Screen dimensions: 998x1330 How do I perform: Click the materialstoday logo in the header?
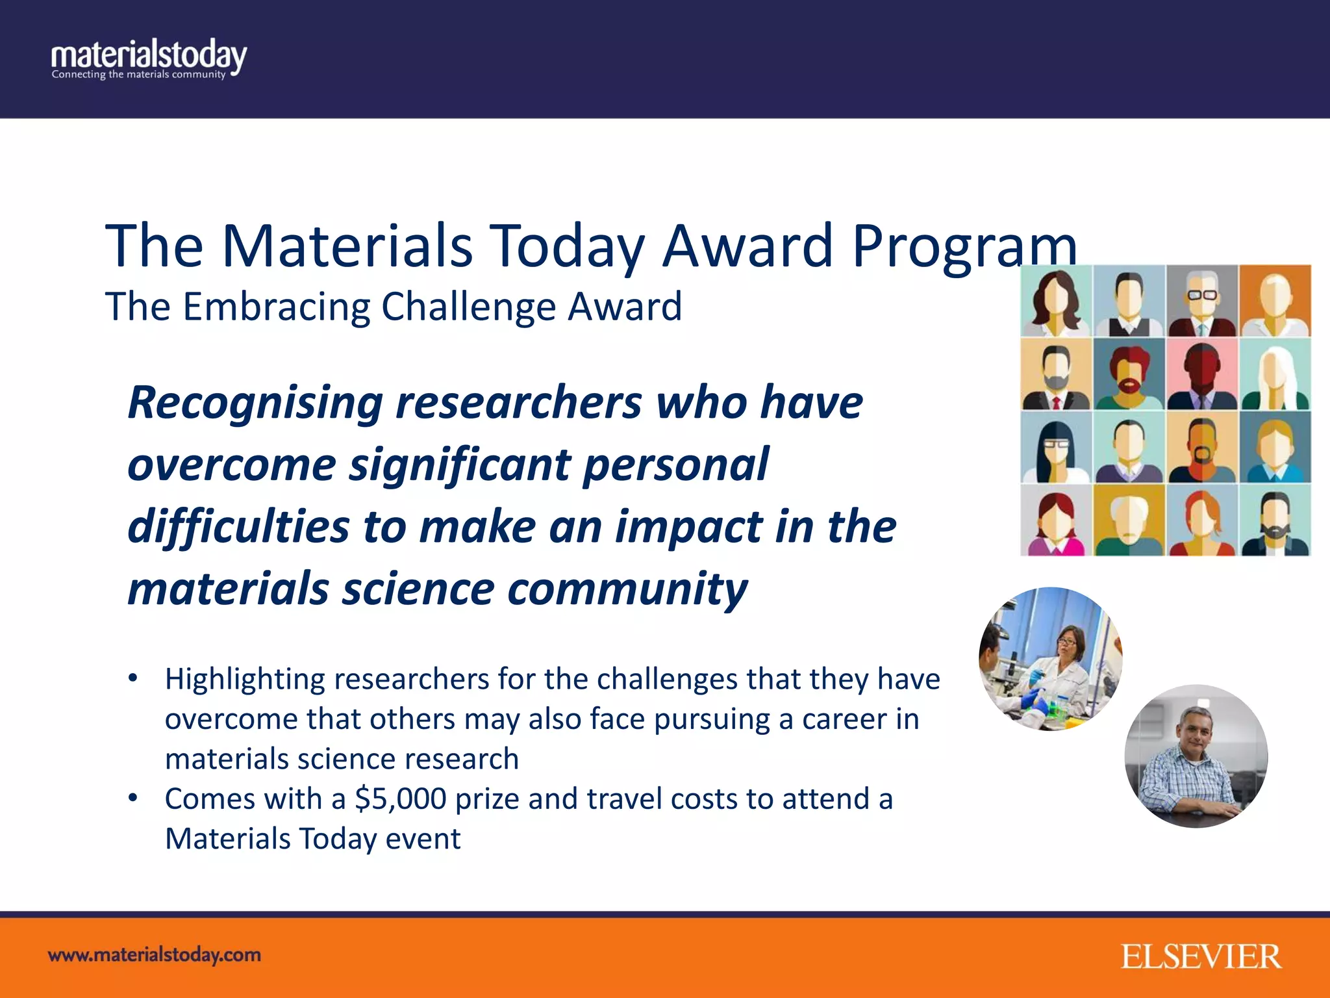149,57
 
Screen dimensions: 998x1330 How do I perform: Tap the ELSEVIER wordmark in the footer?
1200,957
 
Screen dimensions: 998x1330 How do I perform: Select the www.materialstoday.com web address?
155,955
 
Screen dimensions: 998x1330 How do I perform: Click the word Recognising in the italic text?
255,403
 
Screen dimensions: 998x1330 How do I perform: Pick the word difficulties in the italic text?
238,526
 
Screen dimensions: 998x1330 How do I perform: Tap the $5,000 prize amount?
401,799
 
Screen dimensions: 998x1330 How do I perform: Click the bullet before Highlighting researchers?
133,678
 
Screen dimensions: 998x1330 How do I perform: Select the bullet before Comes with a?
133,798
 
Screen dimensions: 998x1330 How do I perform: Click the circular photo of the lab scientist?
1050,659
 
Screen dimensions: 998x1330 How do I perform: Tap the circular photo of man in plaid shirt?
1196,756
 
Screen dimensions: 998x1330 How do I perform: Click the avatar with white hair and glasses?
1202,301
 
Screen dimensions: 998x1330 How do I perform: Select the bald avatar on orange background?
1275,301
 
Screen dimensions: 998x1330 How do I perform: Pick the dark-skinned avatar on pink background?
1202,374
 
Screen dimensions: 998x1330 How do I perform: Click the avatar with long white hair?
1275,374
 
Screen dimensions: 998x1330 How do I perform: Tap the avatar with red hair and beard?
1129,374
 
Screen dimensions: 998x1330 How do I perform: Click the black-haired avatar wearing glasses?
1056,447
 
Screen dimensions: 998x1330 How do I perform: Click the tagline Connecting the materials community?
138,75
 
